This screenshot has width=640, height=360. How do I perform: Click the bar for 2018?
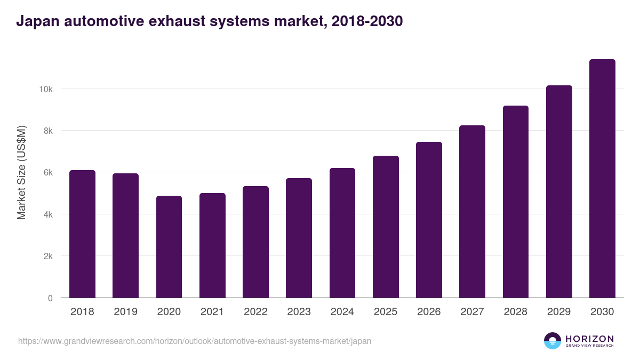coord(82,234)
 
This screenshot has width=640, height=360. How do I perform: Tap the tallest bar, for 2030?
coord(602,179)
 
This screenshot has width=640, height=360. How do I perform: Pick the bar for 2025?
coord(386,227)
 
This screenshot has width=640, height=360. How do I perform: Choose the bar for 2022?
coord(255,242)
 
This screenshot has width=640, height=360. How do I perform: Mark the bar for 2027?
coord(472,212)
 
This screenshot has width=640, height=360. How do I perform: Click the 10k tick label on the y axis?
coord(46,89)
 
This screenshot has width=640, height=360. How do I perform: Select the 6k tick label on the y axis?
coord(48,173)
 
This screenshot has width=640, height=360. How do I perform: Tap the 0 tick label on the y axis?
coord(50,298)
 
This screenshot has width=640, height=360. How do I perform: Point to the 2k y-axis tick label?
coord(48,257)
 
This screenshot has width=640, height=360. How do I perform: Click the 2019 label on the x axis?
coord(125,312)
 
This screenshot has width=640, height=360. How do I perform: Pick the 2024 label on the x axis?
coord(342,312)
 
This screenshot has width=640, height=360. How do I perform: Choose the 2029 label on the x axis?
coord(559,312)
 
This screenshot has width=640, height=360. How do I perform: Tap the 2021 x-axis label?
coord(212,312)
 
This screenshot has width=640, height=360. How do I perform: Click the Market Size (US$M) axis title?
coord(21,172)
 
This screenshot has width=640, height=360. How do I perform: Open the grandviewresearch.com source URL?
coord(195,341)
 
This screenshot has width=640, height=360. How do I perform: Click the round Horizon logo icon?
coord(553,341)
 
